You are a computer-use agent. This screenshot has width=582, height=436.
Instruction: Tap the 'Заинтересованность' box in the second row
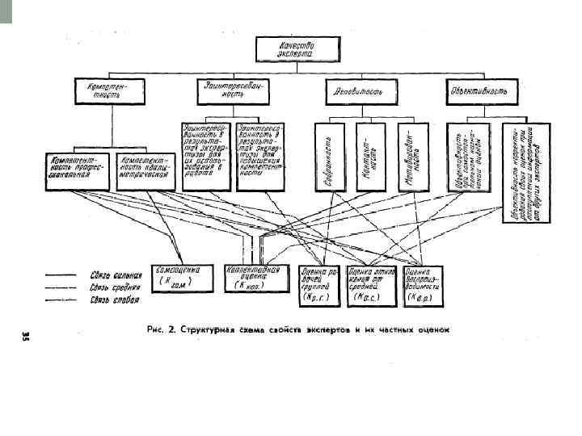(x=234, y=90)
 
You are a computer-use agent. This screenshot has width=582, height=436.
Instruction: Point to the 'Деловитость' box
(x=360, y=91)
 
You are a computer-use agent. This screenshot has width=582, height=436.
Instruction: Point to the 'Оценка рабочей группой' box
(x=319, y=285)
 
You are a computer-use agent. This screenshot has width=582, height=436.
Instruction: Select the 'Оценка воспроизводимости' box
(x=423, y=285)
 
